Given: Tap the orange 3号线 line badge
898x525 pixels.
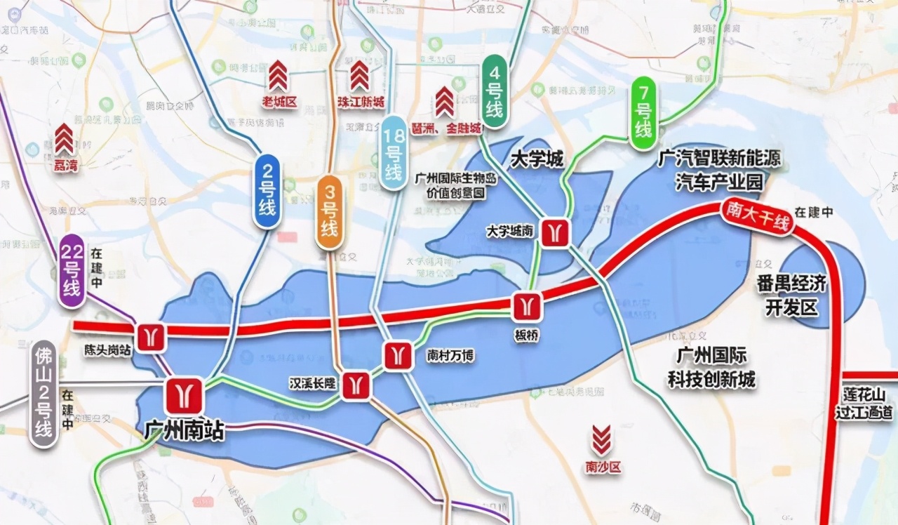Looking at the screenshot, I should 329,211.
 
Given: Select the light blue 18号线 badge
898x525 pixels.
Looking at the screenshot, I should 394,152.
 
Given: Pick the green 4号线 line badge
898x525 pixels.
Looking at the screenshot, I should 495,91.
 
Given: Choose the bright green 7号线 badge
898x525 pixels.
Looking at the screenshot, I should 643,114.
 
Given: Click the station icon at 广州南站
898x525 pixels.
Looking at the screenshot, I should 185,395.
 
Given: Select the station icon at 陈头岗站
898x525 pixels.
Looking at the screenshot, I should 151,338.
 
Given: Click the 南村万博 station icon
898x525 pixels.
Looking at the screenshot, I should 398,355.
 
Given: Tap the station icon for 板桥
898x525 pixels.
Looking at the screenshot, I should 527,307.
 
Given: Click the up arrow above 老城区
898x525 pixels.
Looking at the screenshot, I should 279,76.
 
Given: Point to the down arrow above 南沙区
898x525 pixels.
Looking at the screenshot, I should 602,440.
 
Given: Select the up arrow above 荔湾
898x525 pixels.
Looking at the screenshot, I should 65,138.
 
